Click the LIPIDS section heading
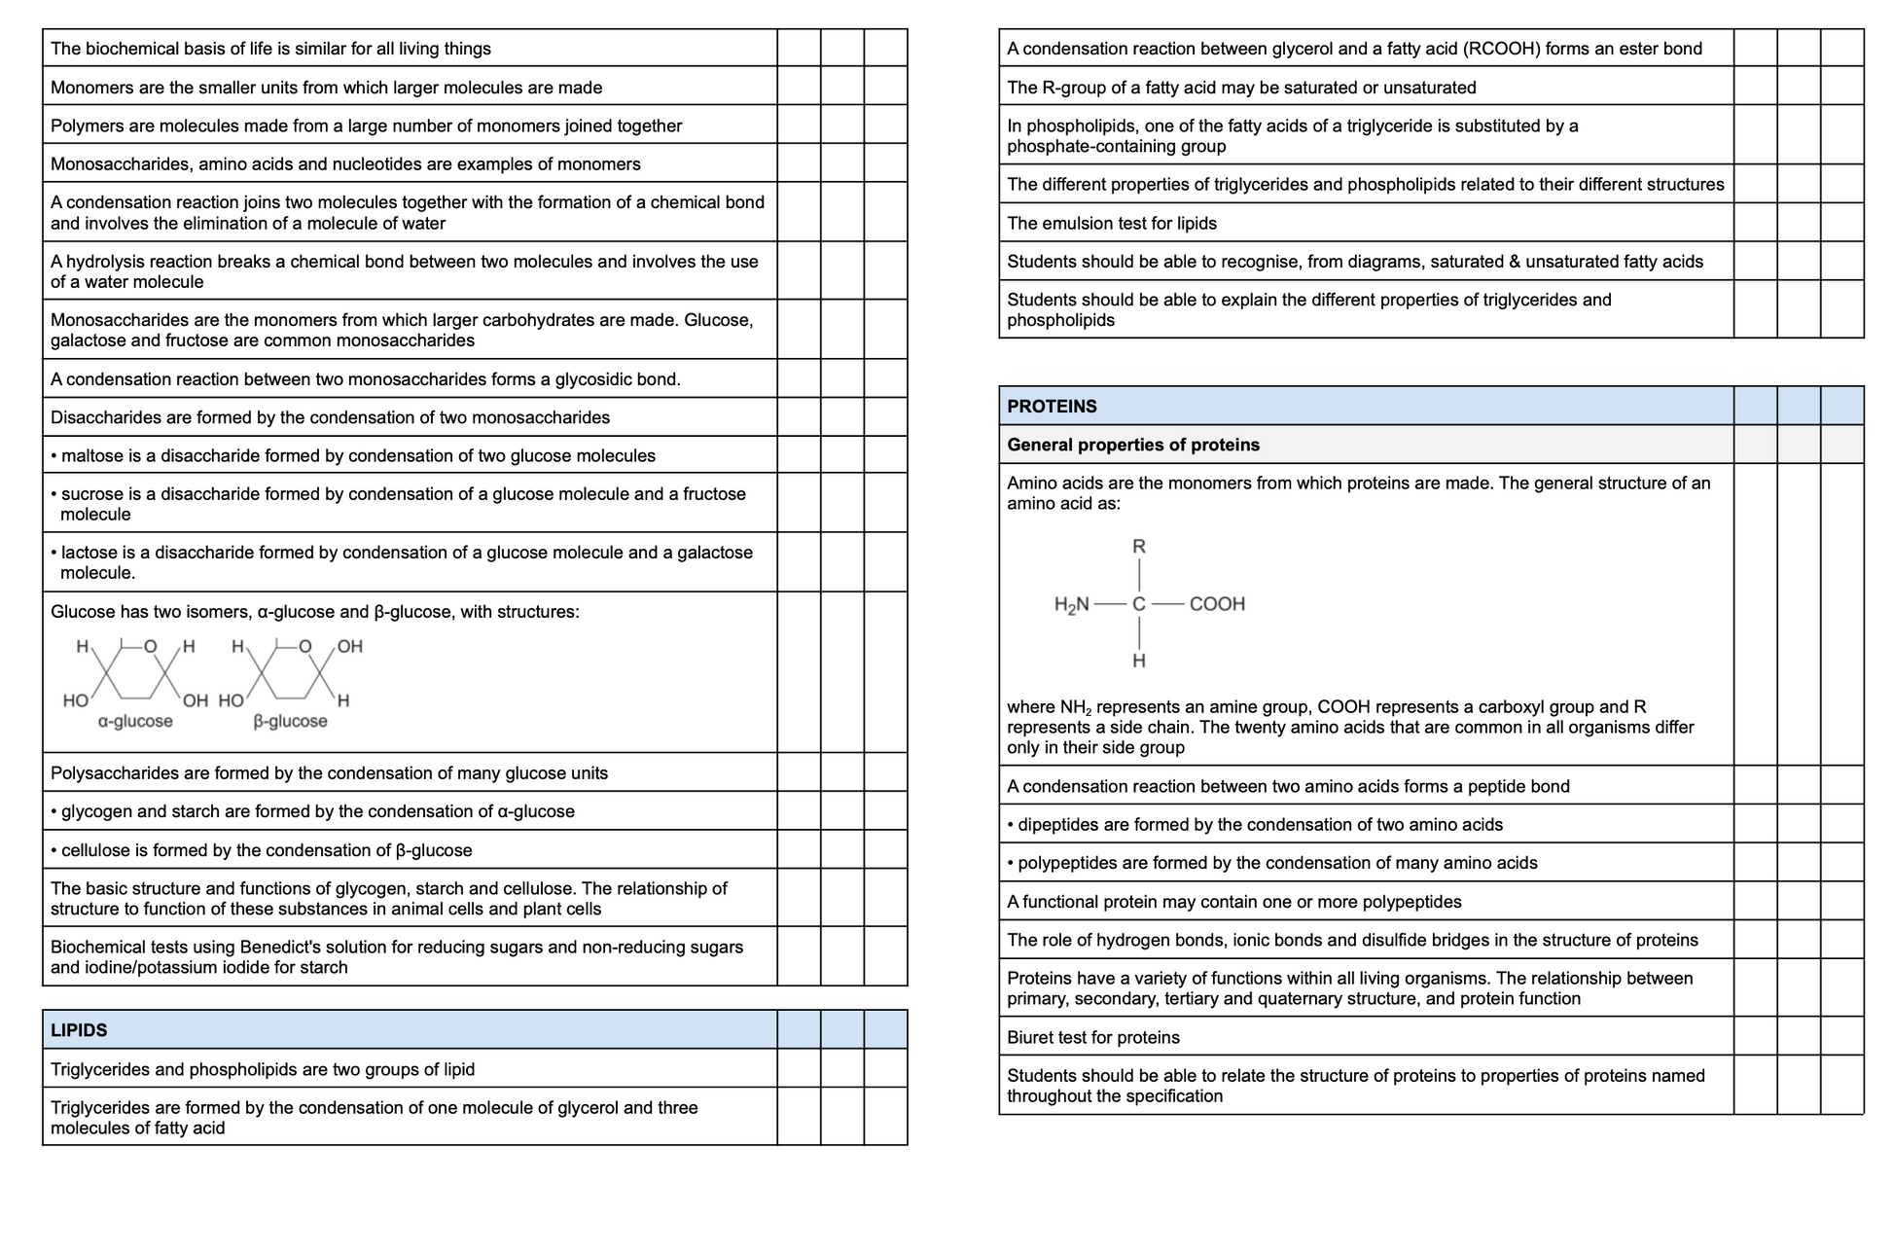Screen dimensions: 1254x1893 79,1030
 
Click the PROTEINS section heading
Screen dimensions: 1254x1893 1052,407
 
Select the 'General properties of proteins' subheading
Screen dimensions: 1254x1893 1132,445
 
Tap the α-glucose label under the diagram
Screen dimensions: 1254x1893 135,722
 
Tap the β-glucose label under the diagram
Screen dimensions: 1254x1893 290,722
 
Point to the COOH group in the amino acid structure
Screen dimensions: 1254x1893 1217,604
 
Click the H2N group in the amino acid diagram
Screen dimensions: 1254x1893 1071,605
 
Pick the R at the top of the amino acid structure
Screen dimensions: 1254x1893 1138,547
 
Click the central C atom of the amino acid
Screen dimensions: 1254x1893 1138,604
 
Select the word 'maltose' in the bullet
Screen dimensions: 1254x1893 90,456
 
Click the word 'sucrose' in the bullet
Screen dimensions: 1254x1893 91,494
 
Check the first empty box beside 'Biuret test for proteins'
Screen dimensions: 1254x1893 1755,1037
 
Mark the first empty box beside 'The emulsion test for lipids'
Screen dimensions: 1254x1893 1755,223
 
